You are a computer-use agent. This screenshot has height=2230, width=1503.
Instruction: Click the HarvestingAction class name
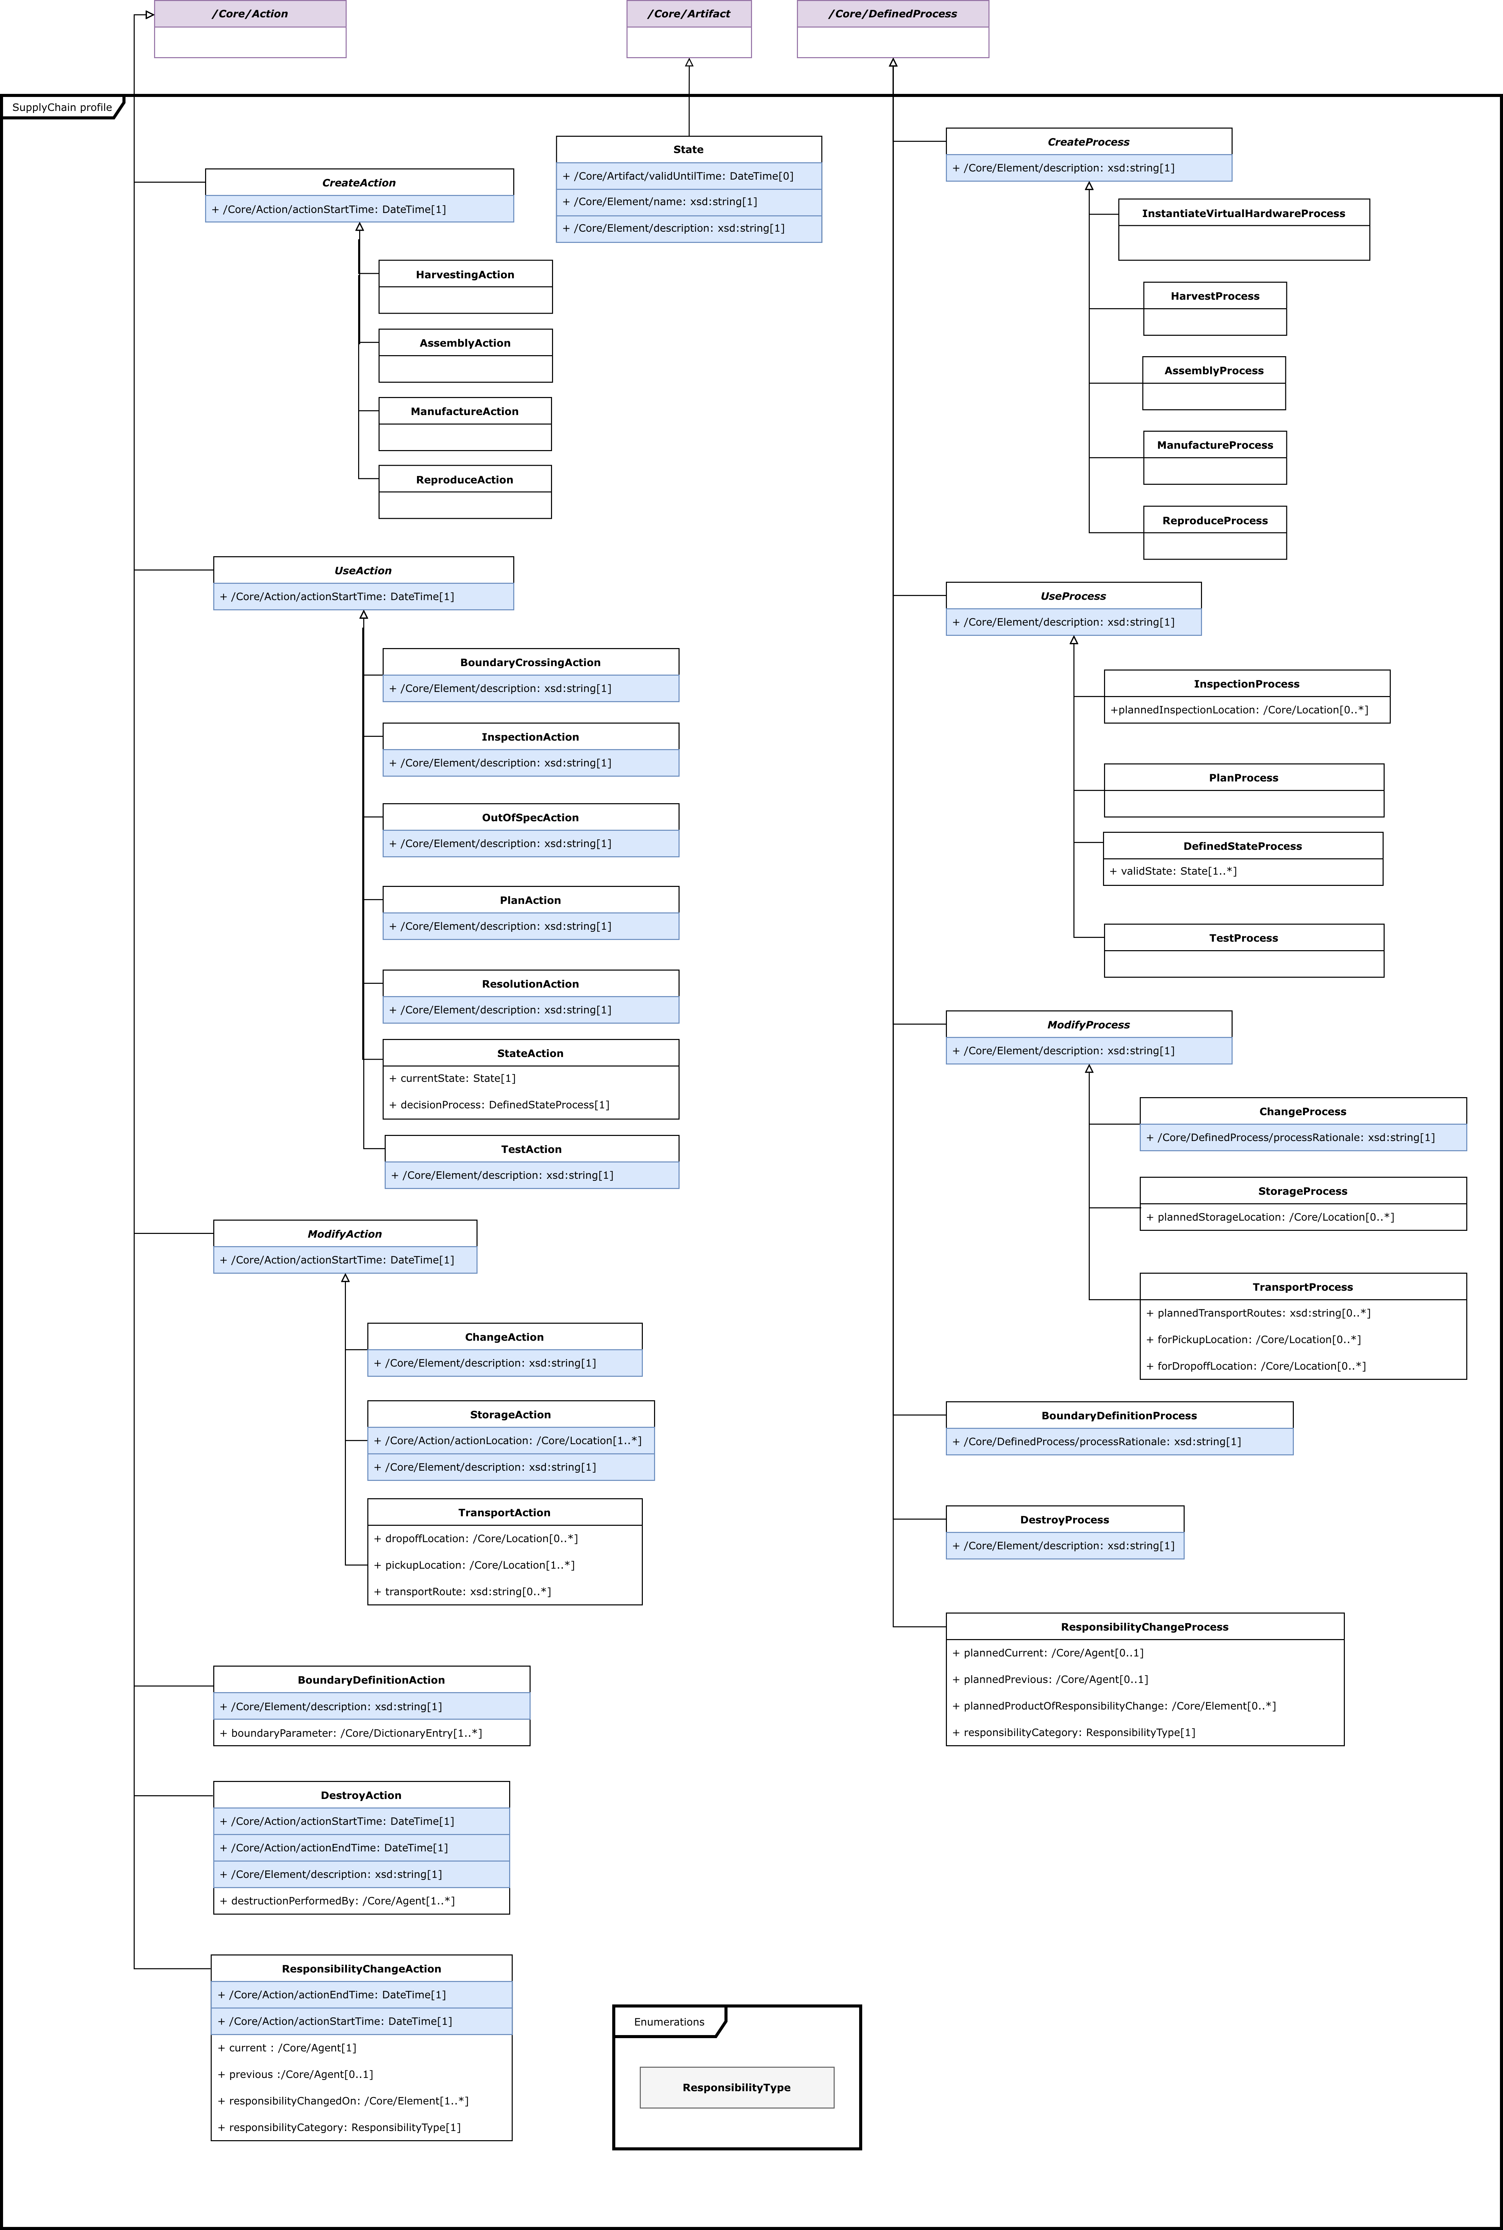click(465, 274)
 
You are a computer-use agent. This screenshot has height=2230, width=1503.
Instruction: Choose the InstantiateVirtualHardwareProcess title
click(1243, 213)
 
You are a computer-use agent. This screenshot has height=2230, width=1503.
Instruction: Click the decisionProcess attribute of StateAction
click(498, 1105)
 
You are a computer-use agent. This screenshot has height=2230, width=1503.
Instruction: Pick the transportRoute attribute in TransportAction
click(462, 1591)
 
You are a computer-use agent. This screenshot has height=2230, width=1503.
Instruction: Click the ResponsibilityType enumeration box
click(736, 2087)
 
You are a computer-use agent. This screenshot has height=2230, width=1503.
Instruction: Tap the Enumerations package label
click(669, 2022)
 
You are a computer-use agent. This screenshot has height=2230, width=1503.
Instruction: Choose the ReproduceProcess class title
click(1215, 521)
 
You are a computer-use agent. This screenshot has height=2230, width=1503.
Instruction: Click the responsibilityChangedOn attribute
click(343, 2101)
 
